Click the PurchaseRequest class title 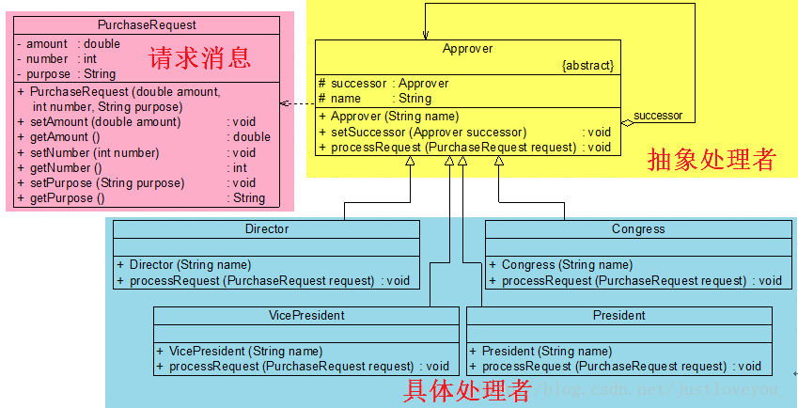147,24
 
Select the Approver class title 467,48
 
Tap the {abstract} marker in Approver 587,66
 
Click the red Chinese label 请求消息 200,58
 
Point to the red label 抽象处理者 712,161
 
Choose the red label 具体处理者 467,389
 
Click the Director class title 266,228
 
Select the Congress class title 637,228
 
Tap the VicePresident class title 306,315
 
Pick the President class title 618,315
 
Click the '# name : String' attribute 374,98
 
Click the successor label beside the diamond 658,116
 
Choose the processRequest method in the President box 603,366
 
